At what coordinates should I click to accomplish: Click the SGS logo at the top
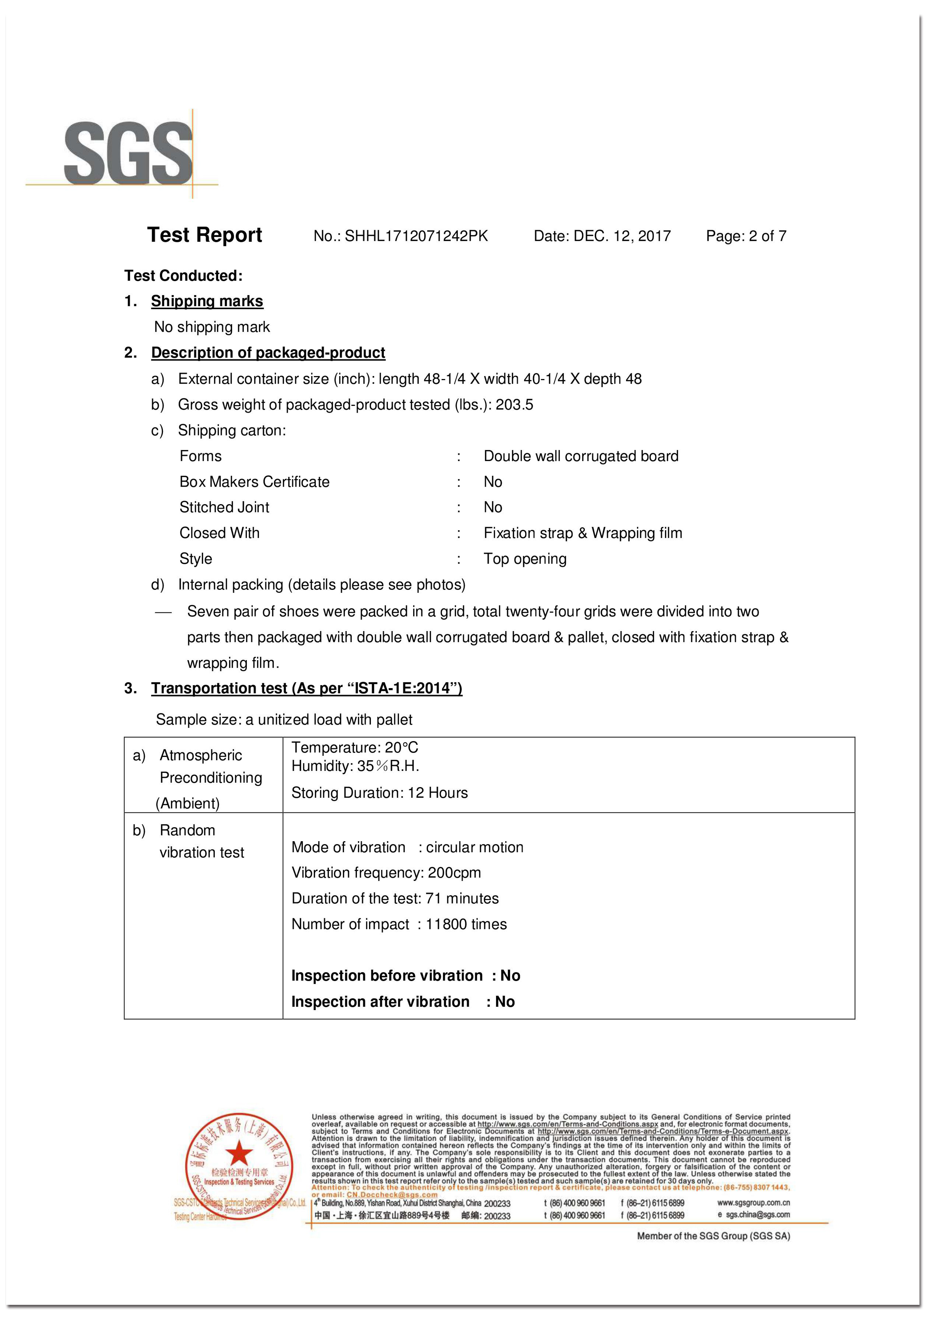pyautogui.click(x=128, y=154)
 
